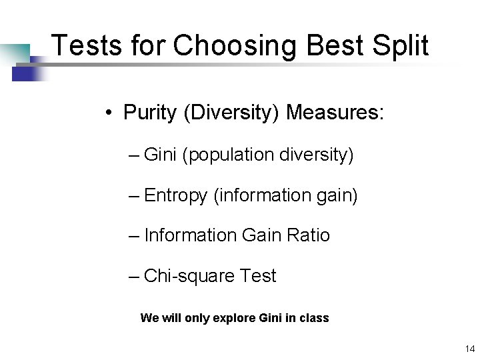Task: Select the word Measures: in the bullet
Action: [x=335, y=112]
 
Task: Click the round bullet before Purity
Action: [x=108, y=113]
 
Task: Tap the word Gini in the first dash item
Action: [x=160, y=155]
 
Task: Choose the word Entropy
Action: [x=175, y=196]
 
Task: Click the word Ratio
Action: [x=308, y=235]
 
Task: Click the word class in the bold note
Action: [x=314, y=318]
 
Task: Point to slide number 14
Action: [x=469, y=348]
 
